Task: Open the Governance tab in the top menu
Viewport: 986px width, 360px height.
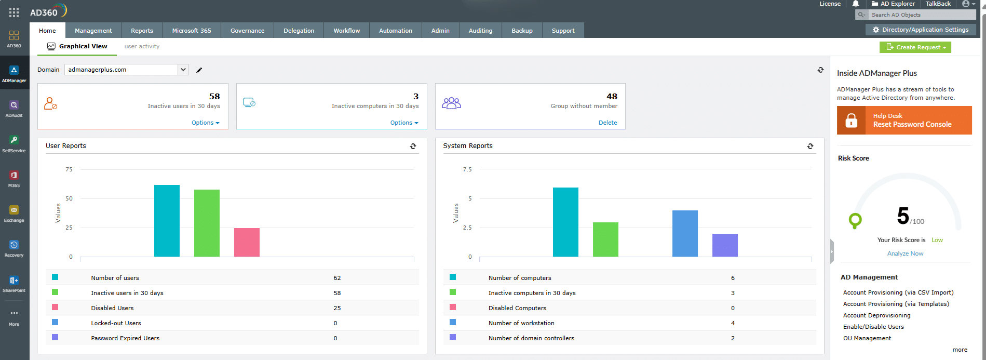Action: coord(247,31)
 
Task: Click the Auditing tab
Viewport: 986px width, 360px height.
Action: coord(480,31)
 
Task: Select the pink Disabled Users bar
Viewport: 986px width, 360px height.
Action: coord(247,242)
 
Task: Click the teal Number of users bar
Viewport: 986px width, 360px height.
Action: coord(167,221)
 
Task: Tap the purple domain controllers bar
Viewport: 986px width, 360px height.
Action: coord(725,245)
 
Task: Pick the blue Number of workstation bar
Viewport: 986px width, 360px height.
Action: coord(685,233)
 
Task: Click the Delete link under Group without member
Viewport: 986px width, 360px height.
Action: coord(607,123)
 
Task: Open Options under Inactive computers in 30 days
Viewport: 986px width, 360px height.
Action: coord(404,123)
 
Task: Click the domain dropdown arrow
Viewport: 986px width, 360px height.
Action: coord(183,70)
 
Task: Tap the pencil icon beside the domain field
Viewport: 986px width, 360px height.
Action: coord(199,70)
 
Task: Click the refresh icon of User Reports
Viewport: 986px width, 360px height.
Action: coord(413,146)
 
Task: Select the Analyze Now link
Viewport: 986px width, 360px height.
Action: coord(905,254)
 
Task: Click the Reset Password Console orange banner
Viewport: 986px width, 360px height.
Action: coord(904,121)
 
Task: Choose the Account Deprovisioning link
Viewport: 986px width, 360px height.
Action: coord(876,315)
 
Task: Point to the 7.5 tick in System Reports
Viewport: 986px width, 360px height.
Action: coord(467,169)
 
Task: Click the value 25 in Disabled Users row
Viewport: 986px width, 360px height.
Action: coord(337,308)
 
